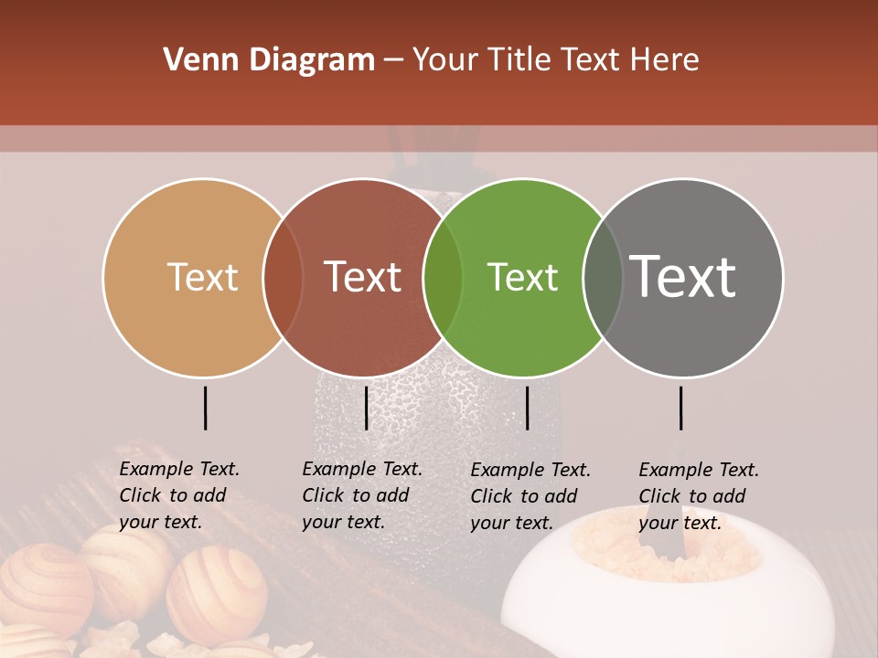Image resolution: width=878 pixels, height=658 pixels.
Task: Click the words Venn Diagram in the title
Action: (268, 60)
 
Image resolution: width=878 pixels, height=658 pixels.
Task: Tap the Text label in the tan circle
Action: (202, 277)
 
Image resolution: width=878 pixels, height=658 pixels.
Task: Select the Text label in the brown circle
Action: (362, 277)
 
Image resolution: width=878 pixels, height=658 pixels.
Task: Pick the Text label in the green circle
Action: (522, 277)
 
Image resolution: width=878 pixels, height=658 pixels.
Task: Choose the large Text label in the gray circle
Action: (682, 276)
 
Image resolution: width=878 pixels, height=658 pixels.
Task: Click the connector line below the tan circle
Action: (205, 408)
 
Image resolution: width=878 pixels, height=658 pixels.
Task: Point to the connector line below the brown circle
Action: (366, 408)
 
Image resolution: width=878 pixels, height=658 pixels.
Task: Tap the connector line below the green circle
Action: (527, 408)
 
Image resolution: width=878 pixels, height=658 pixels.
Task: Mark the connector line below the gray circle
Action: (680, 408)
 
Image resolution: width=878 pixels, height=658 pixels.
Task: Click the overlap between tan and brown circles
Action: (283, 277)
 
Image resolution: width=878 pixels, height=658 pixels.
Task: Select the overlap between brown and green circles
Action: (443, 277)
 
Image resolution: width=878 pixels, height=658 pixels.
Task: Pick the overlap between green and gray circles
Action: (603, 277)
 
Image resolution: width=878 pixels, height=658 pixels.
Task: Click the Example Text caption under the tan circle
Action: (179, 495)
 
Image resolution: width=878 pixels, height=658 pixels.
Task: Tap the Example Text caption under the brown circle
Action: (362, 495)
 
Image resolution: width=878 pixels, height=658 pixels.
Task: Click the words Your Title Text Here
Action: (555, 60)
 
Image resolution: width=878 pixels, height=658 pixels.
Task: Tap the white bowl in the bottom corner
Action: (585, 603)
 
